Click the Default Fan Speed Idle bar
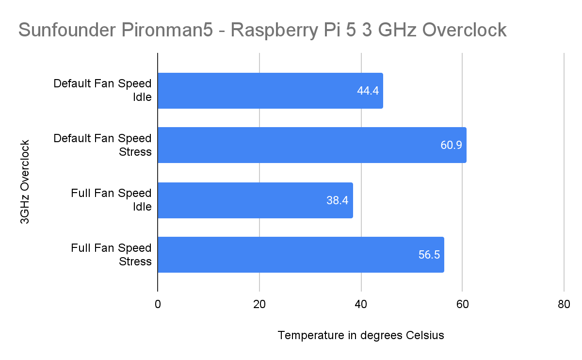(270, 91)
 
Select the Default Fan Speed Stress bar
(312, 145)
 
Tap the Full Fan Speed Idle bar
(255, 200)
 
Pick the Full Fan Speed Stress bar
(301, 255)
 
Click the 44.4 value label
(368, 91)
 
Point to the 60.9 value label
(451, 146)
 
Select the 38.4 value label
(338, 200)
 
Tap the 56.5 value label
(429, 255)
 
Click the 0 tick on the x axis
(158, 305)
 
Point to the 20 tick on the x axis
(259, 305)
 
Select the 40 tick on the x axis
(361, 305)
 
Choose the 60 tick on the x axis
(462, 305)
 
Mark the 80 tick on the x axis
(564, 305)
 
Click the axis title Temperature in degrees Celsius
(361, 335)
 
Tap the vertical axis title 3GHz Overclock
(25, 182)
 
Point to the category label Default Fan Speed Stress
(102, 145)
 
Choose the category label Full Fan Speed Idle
(111, 200)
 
